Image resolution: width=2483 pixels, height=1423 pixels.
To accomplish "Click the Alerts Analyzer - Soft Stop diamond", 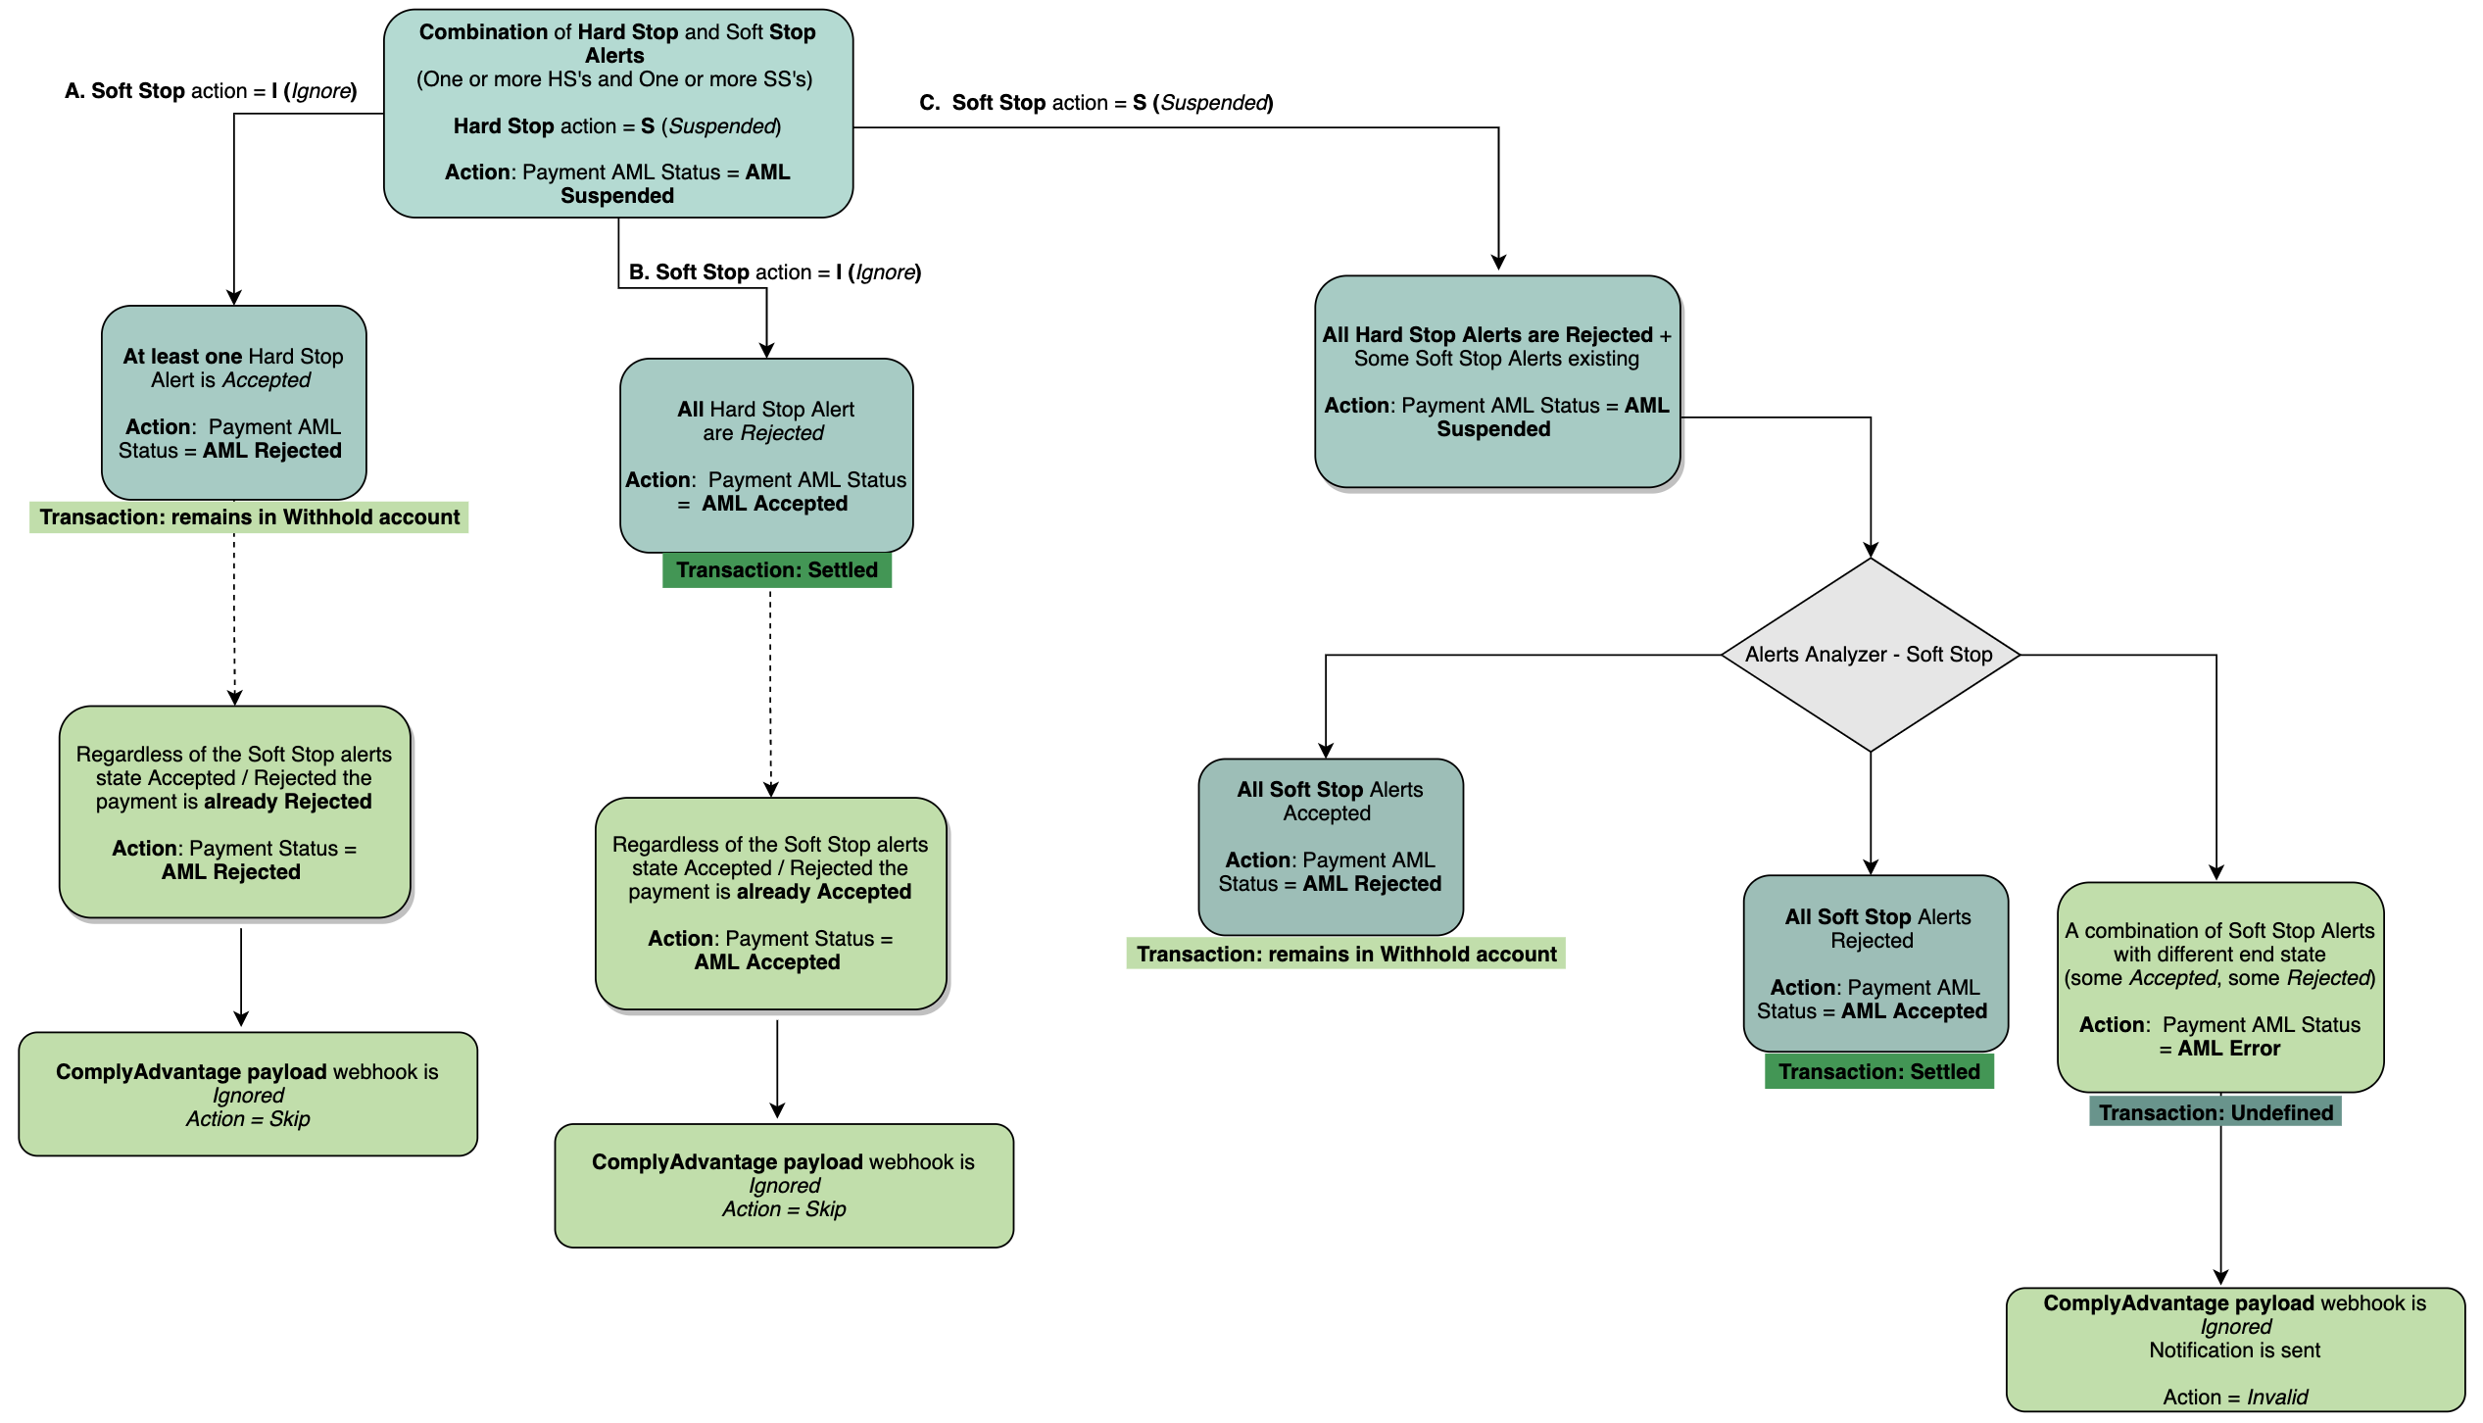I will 1870,655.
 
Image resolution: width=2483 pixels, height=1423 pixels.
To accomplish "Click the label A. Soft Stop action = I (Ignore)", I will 211,91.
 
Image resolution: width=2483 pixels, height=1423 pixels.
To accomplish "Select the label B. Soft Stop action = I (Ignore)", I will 774,272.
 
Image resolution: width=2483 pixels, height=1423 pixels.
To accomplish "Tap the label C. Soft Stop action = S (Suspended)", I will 1095,103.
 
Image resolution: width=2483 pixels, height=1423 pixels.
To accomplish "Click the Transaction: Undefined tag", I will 2215,1112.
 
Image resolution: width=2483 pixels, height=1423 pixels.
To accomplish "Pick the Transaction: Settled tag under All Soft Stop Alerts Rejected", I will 1878,1071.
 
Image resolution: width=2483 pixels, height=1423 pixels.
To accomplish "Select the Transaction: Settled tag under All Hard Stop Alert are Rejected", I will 776,570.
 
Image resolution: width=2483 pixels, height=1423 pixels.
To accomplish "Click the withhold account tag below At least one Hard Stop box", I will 249,517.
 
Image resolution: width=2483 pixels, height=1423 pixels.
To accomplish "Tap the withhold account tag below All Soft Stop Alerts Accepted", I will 1345,955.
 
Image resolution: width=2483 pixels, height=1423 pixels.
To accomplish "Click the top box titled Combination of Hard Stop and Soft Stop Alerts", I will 617,113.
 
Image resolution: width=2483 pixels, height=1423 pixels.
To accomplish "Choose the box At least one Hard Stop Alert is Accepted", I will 233,403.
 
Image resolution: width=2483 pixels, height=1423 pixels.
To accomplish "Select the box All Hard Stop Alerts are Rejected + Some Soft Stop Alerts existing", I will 1496,382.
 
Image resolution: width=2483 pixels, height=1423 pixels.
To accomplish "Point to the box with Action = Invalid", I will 2234,1349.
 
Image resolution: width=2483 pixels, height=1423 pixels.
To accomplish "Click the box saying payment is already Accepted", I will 770,903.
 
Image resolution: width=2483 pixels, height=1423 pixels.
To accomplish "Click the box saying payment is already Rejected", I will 234,811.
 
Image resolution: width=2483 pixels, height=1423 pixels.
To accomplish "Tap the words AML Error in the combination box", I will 2228,1049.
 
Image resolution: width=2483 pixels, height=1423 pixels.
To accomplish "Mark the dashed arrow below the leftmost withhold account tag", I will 234,617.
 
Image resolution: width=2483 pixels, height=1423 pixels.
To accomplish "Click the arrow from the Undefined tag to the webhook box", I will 2220,1205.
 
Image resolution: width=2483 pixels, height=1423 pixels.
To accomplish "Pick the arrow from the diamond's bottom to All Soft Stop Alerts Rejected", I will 1870,813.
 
